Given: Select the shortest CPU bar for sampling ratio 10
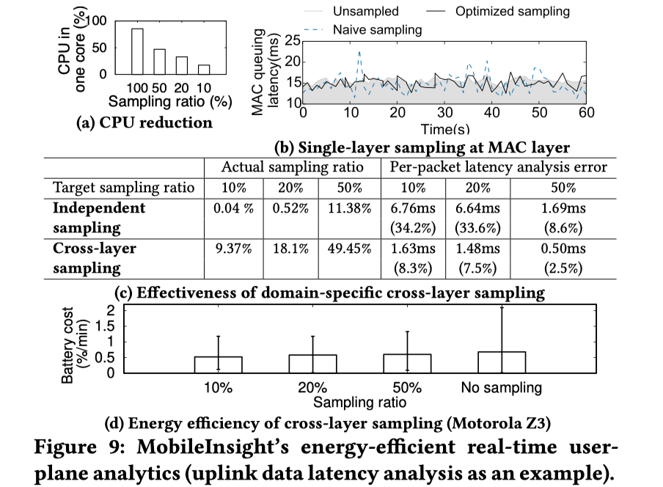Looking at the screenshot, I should coord(203,69).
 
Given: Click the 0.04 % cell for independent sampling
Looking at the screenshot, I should coord(234,208).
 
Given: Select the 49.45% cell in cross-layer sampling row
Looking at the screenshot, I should coord(350,249).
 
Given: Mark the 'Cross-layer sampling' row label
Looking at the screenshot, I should coord(95,257).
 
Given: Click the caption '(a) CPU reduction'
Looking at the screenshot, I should coord(144,122).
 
